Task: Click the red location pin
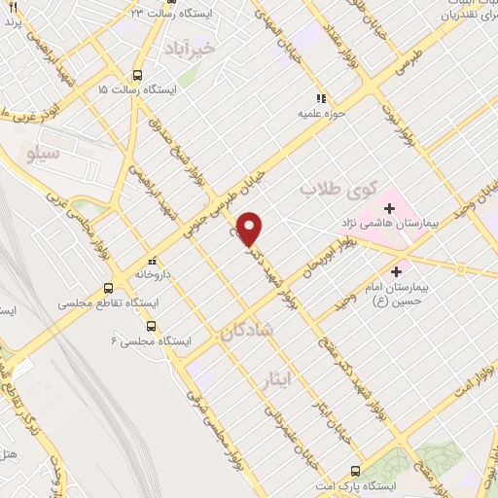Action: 252,228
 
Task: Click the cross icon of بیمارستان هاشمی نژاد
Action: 389,208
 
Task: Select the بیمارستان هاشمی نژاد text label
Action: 399,224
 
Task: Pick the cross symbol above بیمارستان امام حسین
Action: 396,270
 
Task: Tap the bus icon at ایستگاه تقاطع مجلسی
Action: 108,288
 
